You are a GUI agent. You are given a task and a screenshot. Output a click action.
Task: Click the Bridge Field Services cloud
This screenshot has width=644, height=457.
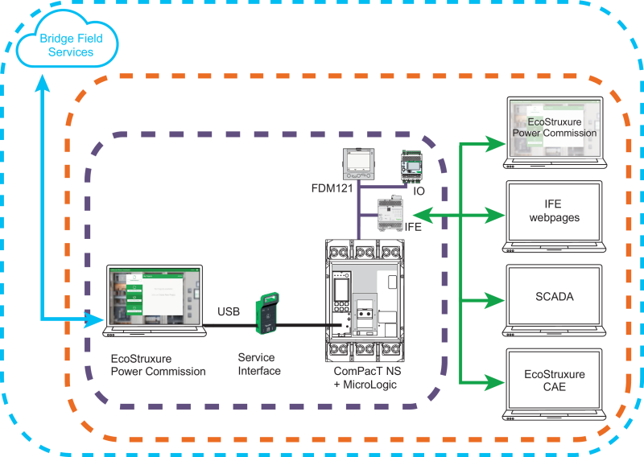(68, 39)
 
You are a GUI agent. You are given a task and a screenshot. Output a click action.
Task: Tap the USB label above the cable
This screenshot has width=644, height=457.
(229, 311)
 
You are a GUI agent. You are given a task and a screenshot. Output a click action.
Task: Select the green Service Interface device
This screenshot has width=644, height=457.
(267, 312)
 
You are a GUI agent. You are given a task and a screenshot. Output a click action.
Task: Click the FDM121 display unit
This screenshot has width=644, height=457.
(358, 164)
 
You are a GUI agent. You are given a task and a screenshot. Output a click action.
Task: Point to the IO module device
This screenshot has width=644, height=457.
(412, 167)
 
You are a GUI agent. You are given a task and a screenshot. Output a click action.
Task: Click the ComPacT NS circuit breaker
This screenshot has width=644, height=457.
(365, 301)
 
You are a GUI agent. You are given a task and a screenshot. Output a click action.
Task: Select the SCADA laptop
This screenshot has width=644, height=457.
(555, 301)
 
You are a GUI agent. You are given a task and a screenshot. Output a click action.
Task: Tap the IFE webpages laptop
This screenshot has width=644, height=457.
(555, 216)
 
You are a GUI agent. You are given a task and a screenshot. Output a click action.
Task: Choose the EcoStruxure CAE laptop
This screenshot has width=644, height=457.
(555, 385)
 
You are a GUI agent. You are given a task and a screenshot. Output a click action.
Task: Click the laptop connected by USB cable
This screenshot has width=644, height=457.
(155, 301)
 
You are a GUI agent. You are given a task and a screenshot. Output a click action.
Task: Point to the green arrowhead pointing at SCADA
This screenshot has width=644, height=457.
(493, 301)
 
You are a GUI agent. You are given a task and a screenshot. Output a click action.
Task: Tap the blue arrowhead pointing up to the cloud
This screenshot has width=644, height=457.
(43, 83)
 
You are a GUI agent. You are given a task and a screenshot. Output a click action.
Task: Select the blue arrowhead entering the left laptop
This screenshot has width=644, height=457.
(93, 319)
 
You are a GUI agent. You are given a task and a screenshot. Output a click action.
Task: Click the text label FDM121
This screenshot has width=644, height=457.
(332, 188)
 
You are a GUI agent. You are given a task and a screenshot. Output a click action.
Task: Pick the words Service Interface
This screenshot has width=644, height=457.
(259, 364)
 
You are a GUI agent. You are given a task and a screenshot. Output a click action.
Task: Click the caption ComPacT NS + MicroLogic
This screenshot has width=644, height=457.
(367, 378)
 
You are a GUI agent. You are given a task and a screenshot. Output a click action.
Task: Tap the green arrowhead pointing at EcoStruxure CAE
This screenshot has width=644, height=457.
(493, 382)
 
